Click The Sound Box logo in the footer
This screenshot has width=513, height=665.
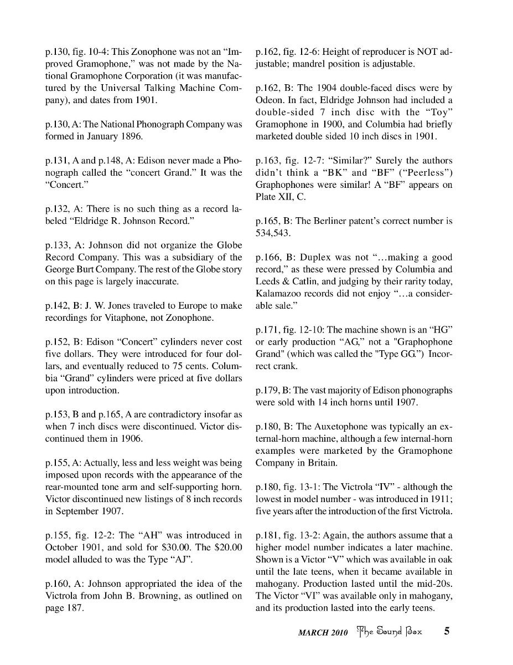pos(390,631)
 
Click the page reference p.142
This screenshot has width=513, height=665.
pos(57,305)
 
